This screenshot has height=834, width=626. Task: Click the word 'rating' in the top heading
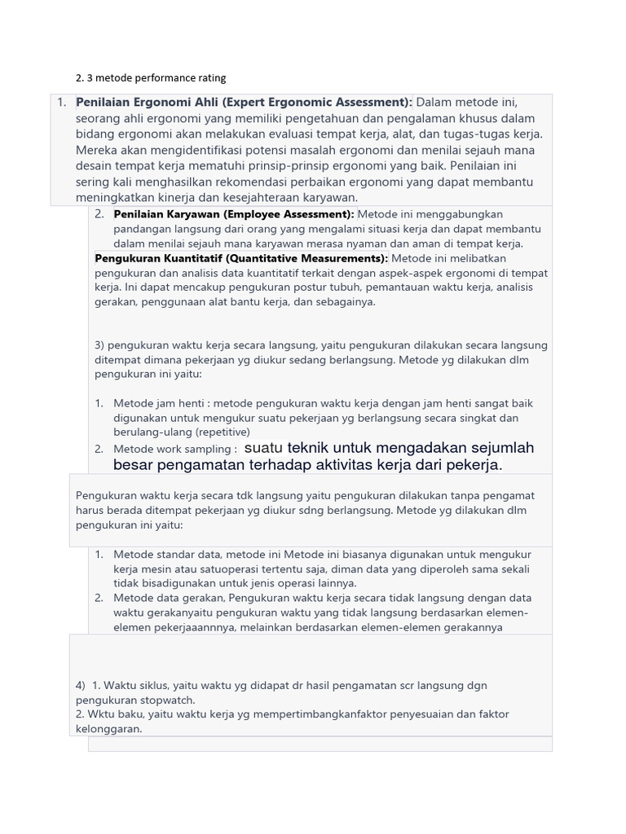209,78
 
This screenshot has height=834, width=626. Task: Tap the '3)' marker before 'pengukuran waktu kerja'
99,345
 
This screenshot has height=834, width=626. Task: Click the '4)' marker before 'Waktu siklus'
80,686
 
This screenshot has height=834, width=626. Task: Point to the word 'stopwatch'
170,700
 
